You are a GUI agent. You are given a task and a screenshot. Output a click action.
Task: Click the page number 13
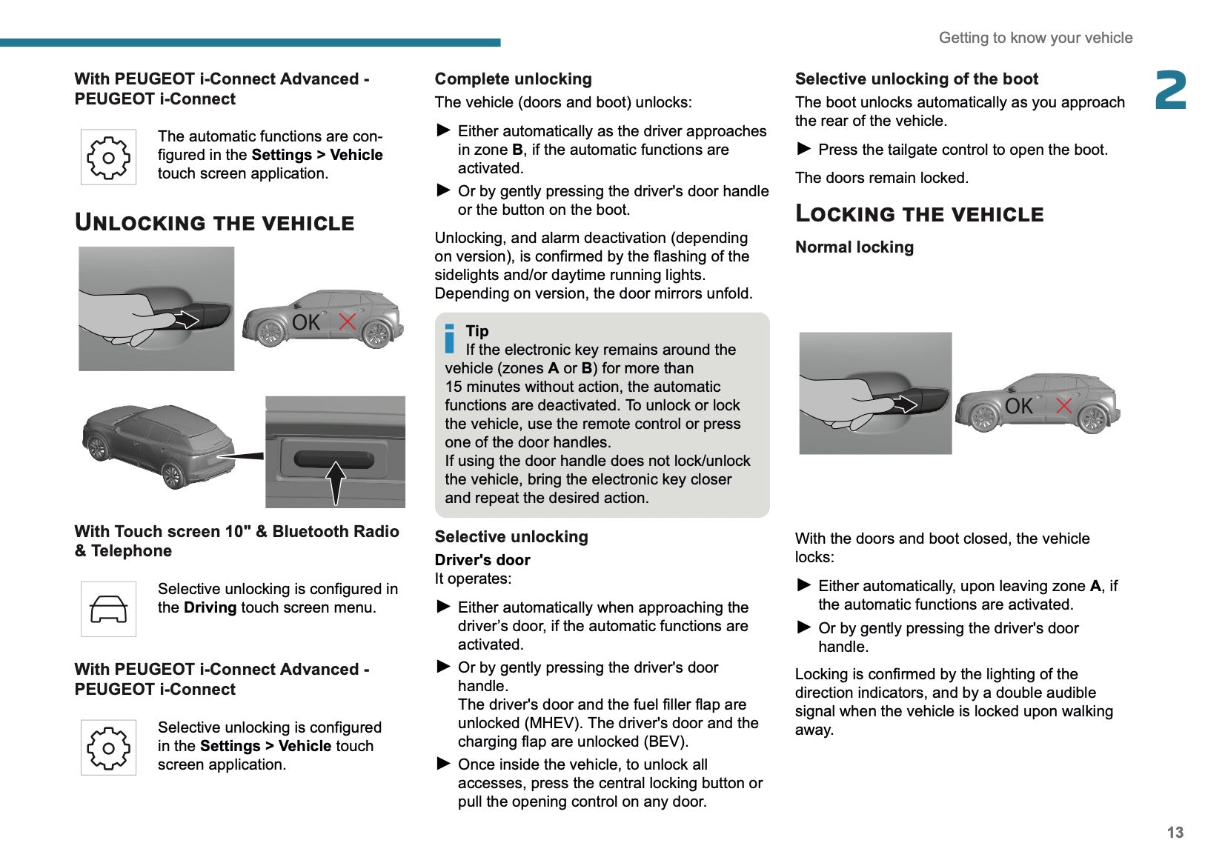coord(1175,833)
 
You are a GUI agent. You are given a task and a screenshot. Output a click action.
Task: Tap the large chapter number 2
coord(1171,90)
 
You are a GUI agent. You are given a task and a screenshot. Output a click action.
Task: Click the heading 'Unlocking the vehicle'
coord(215,222)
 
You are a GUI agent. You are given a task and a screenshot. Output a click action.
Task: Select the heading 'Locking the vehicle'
coord(919,214)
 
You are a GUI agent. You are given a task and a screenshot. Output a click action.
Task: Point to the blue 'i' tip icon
coord(449,339)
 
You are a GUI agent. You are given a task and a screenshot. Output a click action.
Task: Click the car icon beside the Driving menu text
coord(108,609)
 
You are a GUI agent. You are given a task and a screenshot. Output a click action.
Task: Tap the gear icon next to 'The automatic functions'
coord(108,157)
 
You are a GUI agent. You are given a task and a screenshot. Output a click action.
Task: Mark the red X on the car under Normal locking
coord(1063,405)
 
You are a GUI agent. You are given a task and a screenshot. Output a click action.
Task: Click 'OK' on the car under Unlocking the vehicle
coord(305,322)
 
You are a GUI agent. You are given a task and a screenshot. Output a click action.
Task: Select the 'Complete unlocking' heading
coord(513,79)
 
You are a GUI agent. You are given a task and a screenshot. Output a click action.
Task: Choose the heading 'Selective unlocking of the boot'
coord(916,79)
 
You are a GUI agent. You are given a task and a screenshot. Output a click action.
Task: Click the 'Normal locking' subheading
coord(854,247)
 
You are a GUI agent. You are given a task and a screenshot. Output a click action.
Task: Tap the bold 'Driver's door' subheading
coord(482,560)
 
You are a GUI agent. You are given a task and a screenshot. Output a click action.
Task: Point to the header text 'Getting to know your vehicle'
coord(1035,38)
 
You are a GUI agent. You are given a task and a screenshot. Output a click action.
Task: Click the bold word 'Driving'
coord(210,608)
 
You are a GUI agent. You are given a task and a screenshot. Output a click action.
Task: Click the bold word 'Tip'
coord(477,331)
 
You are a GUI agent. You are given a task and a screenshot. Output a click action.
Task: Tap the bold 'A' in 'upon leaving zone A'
coord(1095,586)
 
